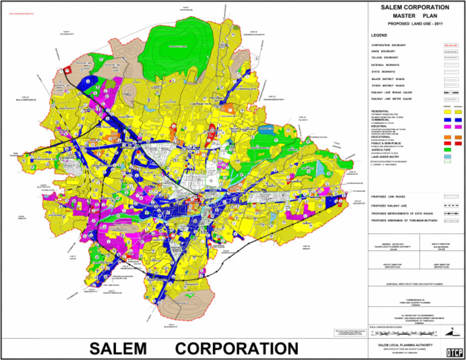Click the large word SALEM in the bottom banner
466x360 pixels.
pyautogui.click(x=118, y=348)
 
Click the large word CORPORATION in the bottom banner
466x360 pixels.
pyautogui.click(x=237, y=348)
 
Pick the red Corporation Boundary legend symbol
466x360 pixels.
pyautogui.click(x=450, y=46)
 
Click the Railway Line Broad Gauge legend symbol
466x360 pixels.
pyautogui.click(x=450, y=92)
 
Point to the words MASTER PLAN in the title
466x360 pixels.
pyautogui.click(x=415, y=15)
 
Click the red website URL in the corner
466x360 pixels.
pyautogui.click(x=18, y=12)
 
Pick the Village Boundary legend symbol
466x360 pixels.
pyautogui.click(x=450, y=58)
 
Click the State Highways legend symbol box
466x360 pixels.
pyautogui.click(x=450, y=72)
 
